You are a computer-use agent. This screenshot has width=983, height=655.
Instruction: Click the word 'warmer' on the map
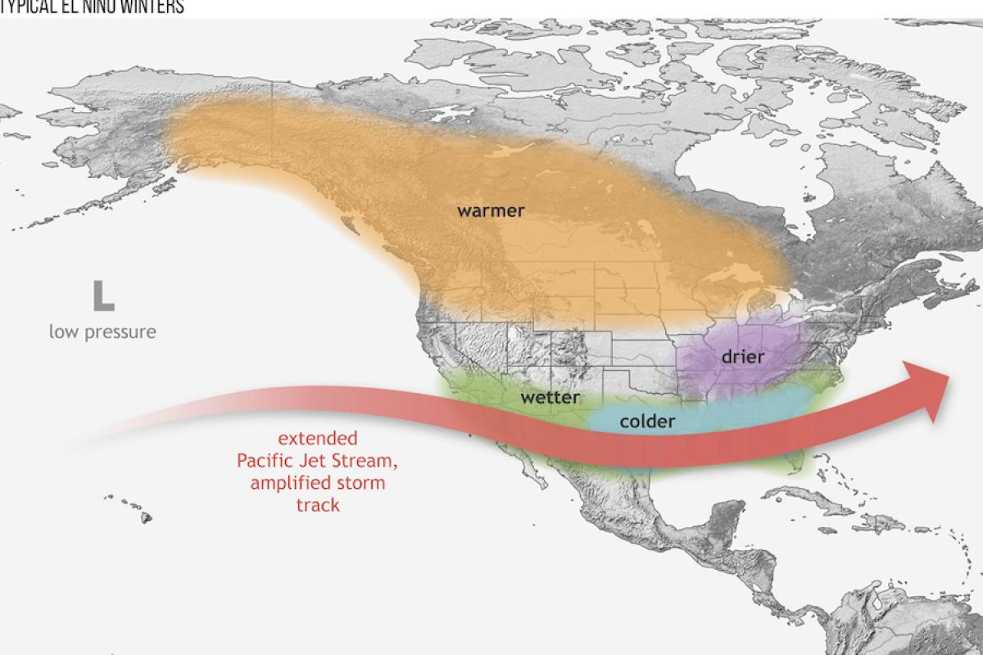(491, 210)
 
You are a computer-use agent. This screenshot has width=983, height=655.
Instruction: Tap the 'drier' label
(743, 356)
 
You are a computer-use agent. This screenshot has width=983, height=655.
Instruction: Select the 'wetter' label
(550, 398)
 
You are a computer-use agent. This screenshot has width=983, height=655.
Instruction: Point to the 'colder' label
(647, 422)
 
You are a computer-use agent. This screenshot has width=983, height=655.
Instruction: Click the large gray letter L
(103, 296)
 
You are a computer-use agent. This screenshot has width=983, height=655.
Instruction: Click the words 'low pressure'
(102, 332)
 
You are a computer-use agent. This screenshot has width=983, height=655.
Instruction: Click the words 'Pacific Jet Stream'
(318, 461)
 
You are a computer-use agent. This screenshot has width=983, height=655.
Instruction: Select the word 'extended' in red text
(318, 439)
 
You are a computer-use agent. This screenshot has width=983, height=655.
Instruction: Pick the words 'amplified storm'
(318, 483)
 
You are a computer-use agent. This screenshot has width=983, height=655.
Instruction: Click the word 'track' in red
(318, 504)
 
